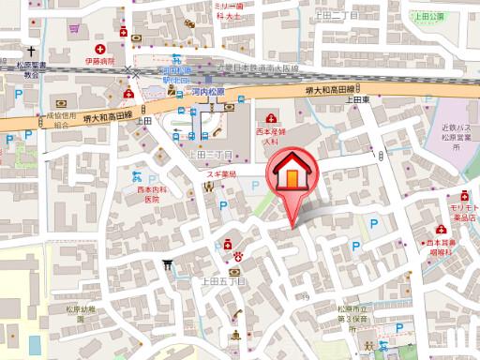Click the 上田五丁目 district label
222,279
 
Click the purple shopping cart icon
73,28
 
